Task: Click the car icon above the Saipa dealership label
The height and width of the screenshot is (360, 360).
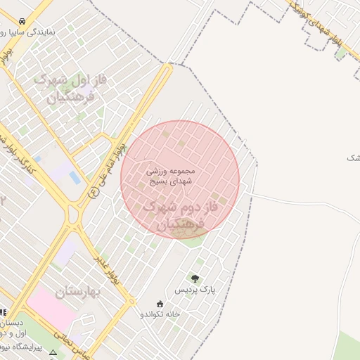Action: [x=23, y=21]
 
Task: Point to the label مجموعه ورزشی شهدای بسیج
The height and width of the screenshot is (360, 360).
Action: [x=179, y=176]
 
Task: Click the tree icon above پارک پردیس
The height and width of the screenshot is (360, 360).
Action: [x=195, y=278]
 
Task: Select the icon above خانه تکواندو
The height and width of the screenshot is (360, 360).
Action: [x=160, y=304]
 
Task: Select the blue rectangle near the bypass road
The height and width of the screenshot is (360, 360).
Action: [x=75, y=178]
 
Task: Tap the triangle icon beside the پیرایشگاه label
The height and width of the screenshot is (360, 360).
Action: [x=53, y=352]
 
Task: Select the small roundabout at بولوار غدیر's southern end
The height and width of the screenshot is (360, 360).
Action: [x=132, y=301]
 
